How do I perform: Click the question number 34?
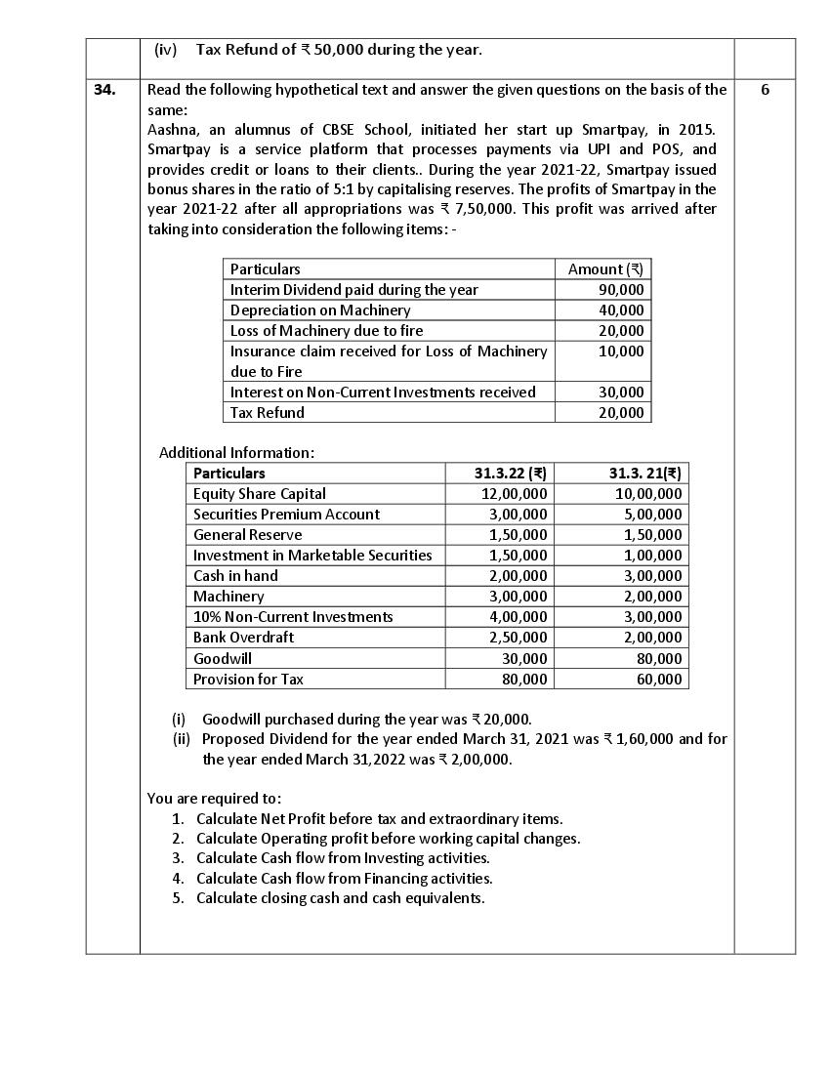104,90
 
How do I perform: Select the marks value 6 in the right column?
765,90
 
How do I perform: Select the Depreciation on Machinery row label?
320,310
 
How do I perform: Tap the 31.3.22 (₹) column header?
510,474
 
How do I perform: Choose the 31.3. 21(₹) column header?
644,474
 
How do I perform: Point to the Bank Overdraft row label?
243,638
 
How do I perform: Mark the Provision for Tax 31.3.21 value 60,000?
659,680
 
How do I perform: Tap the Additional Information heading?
236,453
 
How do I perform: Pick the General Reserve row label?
248,535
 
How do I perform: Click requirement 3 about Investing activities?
343,858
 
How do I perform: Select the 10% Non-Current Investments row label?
293,617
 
